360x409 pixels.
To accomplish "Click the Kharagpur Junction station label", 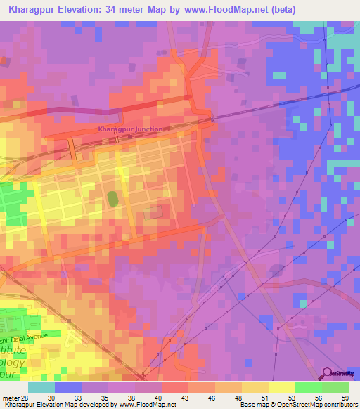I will [x=130, y=129].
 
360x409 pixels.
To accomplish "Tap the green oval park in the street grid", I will [x=112, y=199].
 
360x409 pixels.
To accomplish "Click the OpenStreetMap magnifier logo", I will [x=328, y=374].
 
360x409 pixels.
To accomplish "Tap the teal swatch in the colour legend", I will [x=41, y=387].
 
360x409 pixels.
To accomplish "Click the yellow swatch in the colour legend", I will [x=281, y=387].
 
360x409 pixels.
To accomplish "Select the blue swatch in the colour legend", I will [x=68, y=387].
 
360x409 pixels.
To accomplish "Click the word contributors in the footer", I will [x=337, y=405].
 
